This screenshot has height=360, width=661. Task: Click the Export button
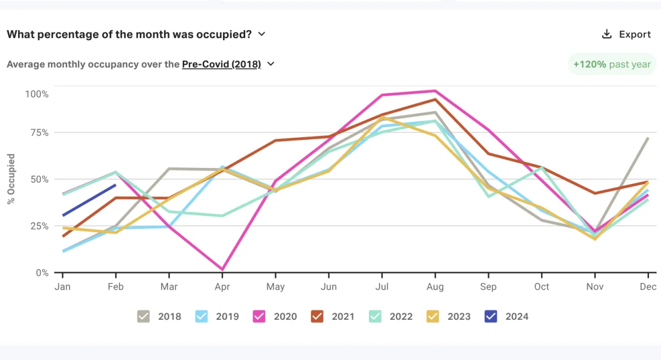[x=626, y=34]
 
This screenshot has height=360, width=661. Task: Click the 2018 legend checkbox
[x=143, y=316]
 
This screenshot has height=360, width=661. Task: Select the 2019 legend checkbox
[x=202, y=316]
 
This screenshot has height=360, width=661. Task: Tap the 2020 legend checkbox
[x=259, y=316]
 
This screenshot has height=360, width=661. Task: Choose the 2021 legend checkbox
[x=317, y=316]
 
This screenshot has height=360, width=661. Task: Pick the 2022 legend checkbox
[x=375, y=316]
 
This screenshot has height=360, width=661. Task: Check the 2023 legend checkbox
[x=432, y=316]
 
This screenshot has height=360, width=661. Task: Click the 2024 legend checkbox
[x=490, y=316]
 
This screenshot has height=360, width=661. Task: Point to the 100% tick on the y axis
[x=37, y=94]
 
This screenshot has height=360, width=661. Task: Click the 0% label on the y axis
[x=42, y=272]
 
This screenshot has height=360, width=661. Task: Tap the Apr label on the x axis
[x=222, y=287]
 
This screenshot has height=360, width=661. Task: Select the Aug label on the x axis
[x=435, y=287]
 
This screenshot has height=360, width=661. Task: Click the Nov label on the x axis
[x=595, y=287]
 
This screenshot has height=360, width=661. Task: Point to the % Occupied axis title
[x=11, y=179]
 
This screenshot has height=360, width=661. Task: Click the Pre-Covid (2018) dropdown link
[x=221, y=64]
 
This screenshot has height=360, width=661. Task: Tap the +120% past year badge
[x=612, y=64]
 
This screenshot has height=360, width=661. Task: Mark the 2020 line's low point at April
[x=222, y=270]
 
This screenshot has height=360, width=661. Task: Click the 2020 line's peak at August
[x=435, y=91]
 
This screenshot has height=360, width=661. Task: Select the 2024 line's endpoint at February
[x=116, y=185]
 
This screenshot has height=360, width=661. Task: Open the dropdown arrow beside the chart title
[x=262, y=34]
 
